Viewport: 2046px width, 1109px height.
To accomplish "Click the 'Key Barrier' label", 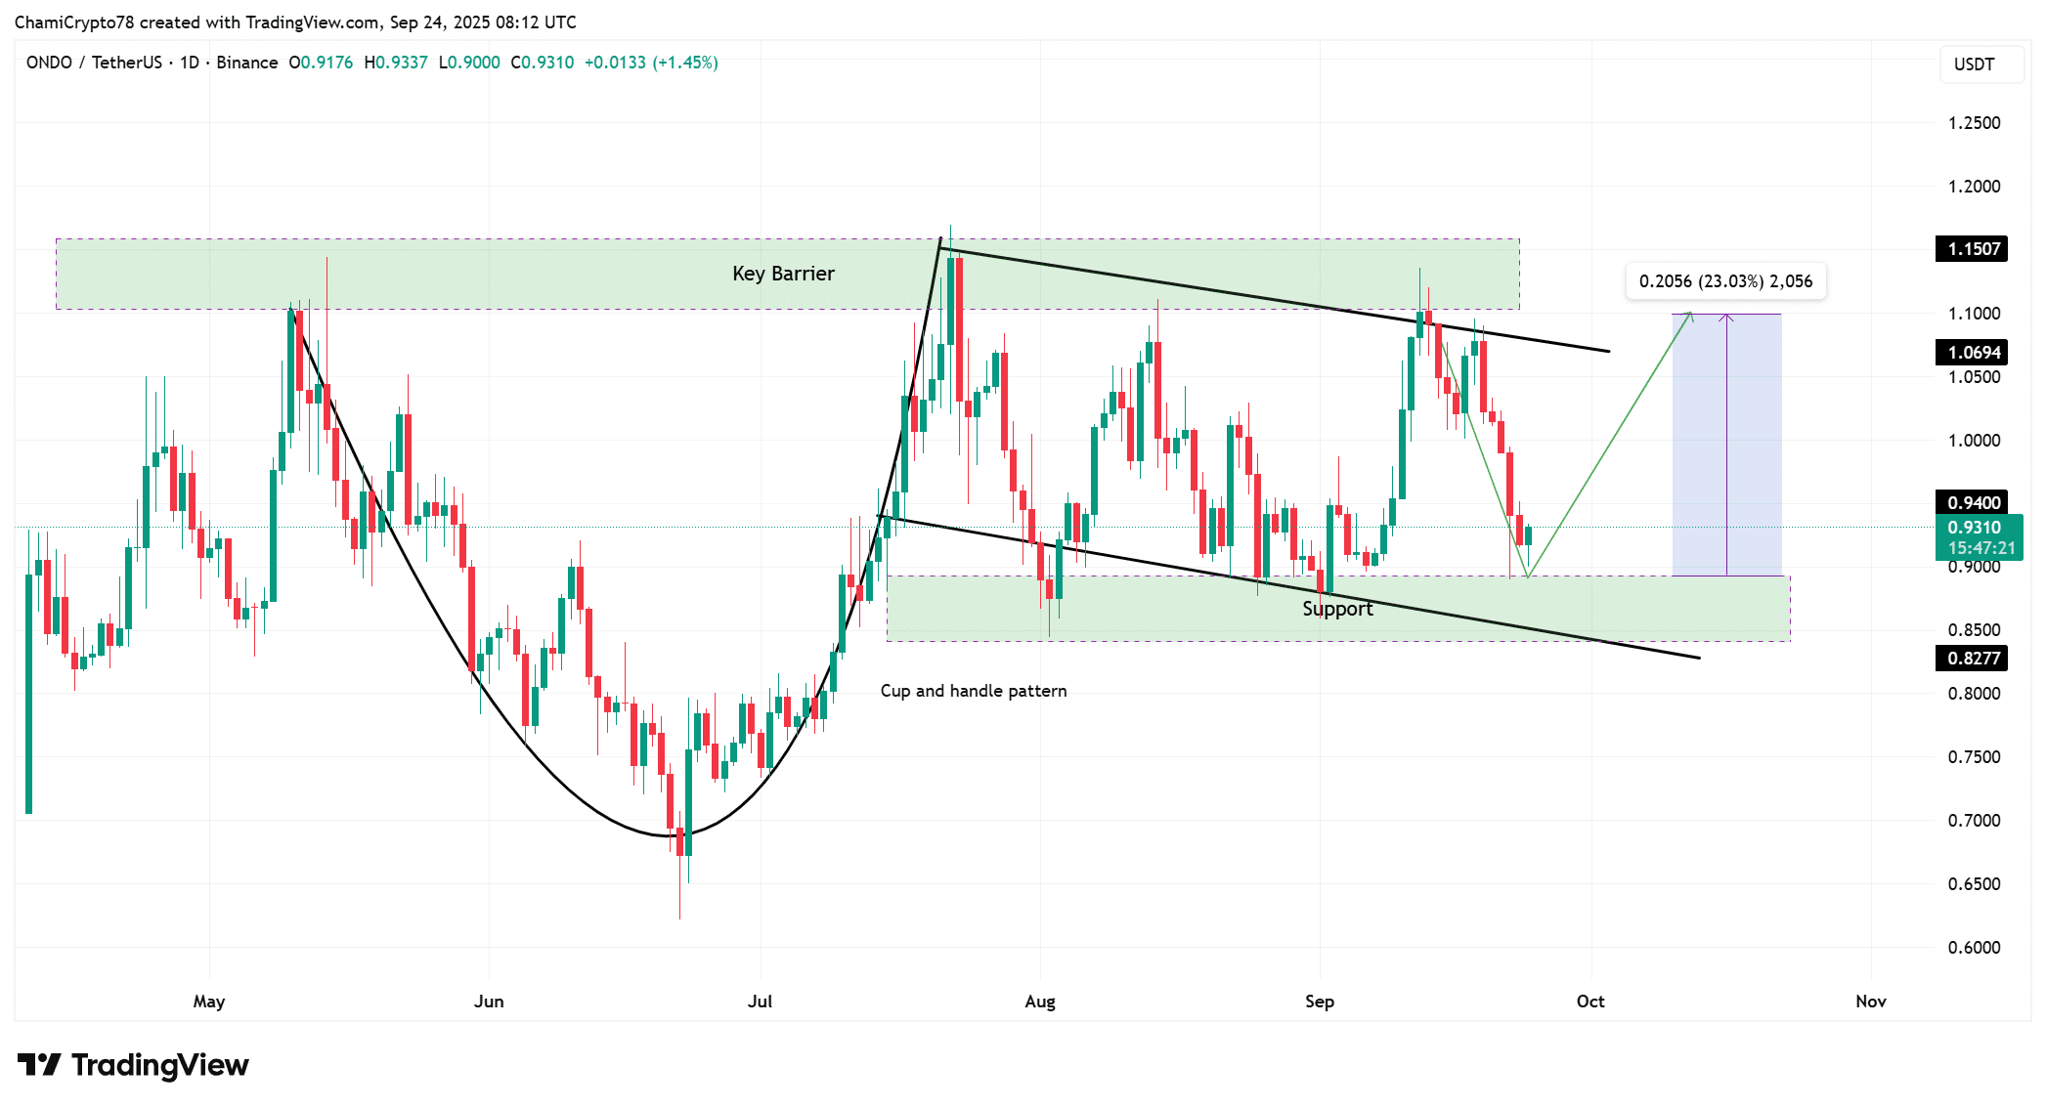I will [783, 274].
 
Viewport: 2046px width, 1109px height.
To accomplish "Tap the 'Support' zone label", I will [1337, 609].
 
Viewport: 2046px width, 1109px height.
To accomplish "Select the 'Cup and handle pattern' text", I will [973, 691].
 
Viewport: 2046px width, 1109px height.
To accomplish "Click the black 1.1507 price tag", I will [1972, 249].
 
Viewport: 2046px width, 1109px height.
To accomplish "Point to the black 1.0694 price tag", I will [1972, 353].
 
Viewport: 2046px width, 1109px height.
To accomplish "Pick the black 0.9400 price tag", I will [1972, 503].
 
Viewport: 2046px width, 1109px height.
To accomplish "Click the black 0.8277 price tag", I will [1972, 659].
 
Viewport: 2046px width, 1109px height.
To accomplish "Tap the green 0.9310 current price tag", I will [1977, 528].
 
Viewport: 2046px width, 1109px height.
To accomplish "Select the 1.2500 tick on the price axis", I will [1974, 123].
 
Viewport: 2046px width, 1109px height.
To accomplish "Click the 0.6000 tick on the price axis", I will [1974, 948].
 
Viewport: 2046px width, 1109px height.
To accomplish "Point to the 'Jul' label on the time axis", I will [760, 1002].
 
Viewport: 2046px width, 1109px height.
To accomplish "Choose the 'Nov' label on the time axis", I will [1871, 1002].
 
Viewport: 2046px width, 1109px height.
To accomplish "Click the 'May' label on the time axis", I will [209, 1002].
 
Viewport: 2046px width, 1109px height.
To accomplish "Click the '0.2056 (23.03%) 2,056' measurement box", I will [1725, 281].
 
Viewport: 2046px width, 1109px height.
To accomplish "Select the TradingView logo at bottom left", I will [134, 1064].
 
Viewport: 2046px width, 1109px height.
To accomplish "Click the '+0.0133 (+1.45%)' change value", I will [651, 63].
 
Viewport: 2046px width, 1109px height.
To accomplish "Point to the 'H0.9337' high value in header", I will [396, 63].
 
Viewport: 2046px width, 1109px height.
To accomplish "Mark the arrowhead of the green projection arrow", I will [1689, 315].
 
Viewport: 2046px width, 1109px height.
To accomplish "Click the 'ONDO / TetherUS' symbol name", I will [94, 63].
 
